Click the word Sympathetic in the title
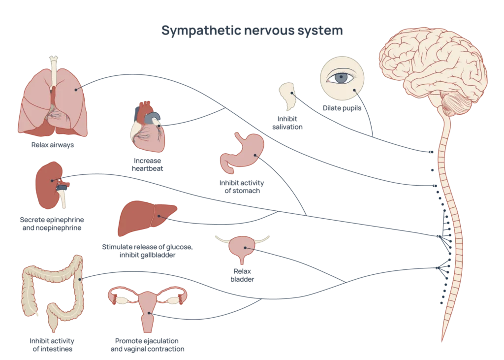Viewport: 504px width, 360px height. pos(201,31)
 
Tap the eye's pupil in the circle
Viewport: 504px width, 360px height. pos(341,77)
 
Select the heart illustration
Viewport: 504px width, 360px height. pos(148,127)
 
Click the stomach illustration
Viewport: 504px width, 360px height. pos(242,153)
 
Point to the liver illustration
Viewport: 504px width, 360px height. pos(147,218)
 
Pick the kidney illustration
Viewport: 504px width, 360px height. pos(51,185)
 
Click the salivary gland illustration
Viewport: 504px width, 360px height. pos(287,96)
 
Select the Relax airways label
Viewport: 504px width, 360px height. pos(52,145)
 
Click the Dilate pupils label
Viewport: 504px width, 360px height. pos(342,108)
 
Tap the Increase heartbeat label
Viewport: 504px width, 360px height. pos(148,164)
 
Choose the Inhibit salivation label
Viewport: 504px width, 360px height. pos(287,123)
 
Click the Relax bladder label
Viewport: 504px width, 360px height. pos(242,275)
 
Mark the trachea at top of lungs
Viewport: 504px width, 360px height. pos(53,71)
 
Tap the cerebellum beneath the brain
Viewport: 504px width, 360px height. pos(456,103)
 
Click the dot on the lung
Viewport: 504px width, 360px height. pos(76,90)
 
